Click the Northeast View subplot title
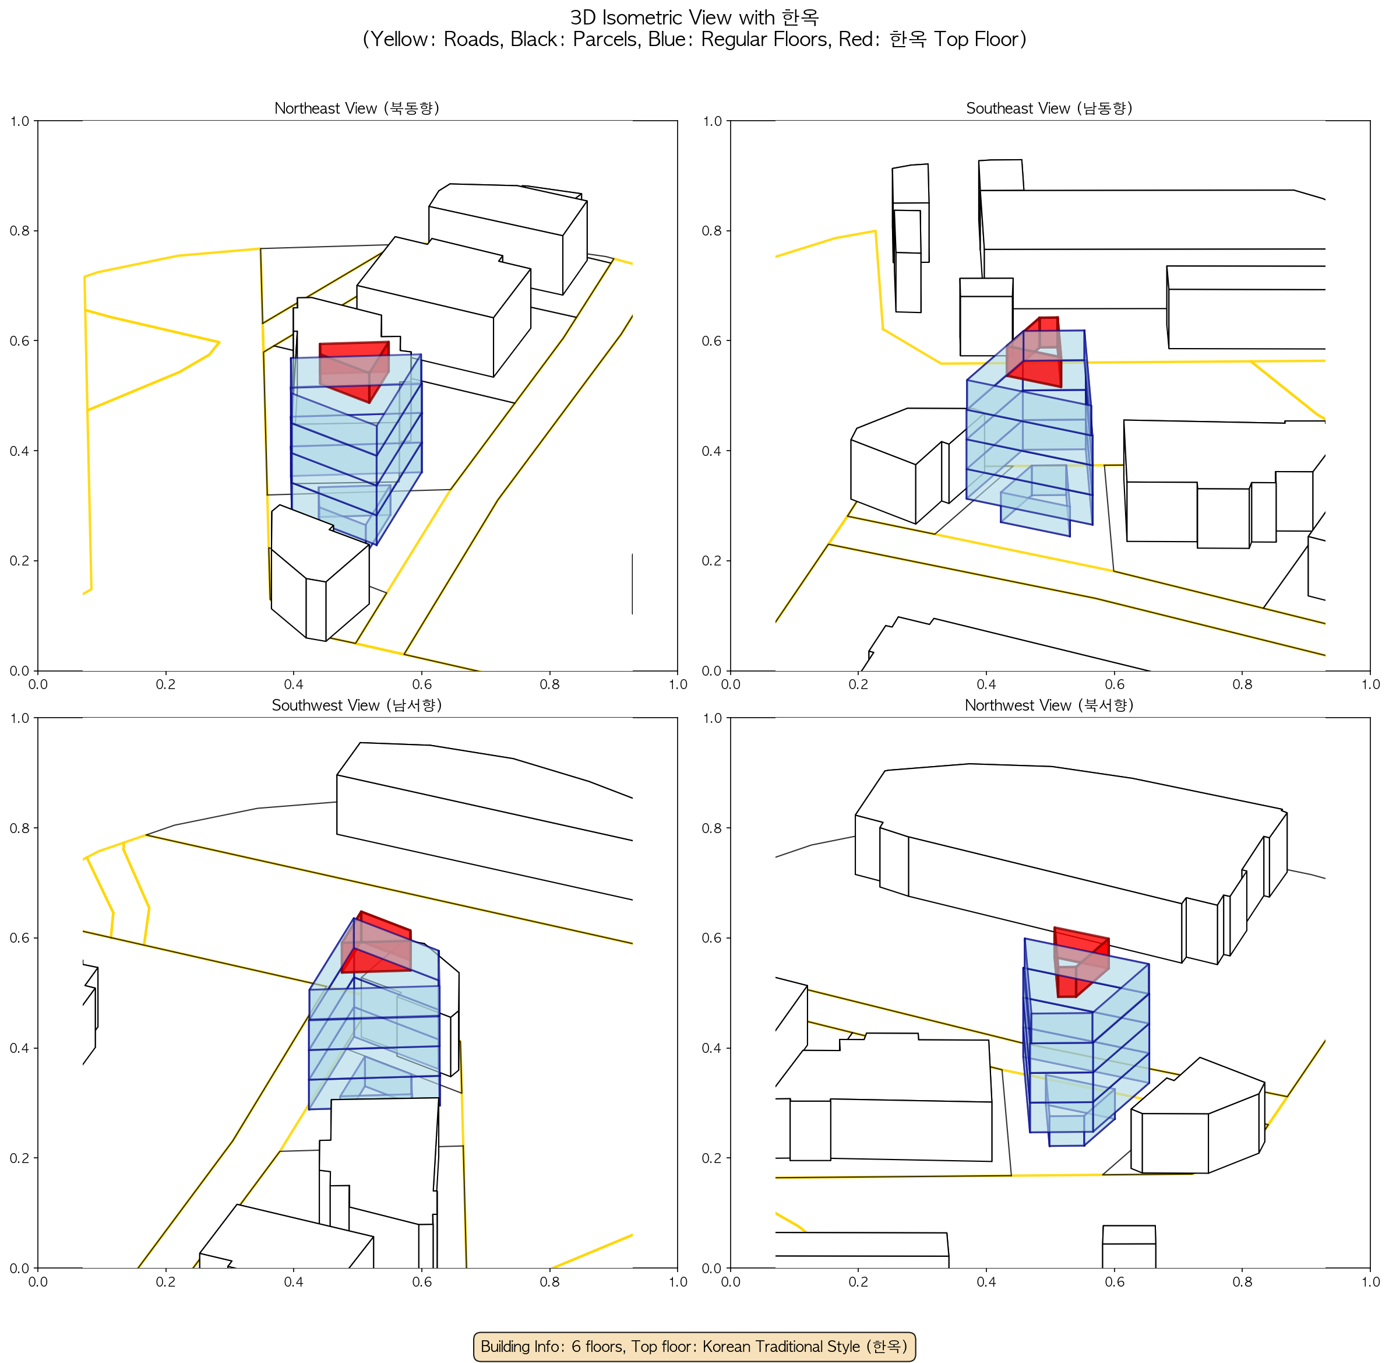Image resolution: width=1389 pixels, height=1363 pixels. [357, 108]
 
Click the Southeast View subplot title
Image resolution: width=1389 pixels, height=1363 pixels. [1049, 108]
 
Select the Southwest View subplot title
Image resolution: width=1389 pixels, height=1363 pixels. [357, 705]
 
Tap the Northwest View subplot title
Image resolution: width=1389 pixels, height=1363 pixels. [1049, 705]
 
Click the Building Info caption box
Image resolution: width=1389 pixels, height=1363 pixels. [694, 1346]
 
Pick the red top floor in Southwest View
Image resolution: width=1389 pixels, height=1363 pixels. [376, 943]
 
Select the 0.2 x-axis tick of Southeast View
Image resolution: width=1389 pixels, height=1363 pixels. [858, 684]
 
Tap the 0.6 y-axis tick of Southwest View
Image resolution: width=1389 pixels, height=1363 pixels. [19, 938]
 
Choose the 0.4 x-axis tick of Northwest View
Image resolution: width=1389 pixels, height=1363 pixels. [986, 1281]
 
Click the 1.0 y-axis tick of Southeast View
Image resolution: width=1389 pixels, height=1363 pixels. [712, 121]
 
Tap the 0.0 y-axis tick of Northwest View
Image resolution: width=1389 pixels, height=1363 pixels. [712, 1268]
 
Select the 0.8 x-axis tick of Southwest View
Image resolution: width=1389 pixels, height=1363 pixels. [549, 1281]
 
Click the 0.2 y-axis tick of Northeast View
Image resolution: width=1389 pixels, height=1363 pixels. [19, 560]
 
